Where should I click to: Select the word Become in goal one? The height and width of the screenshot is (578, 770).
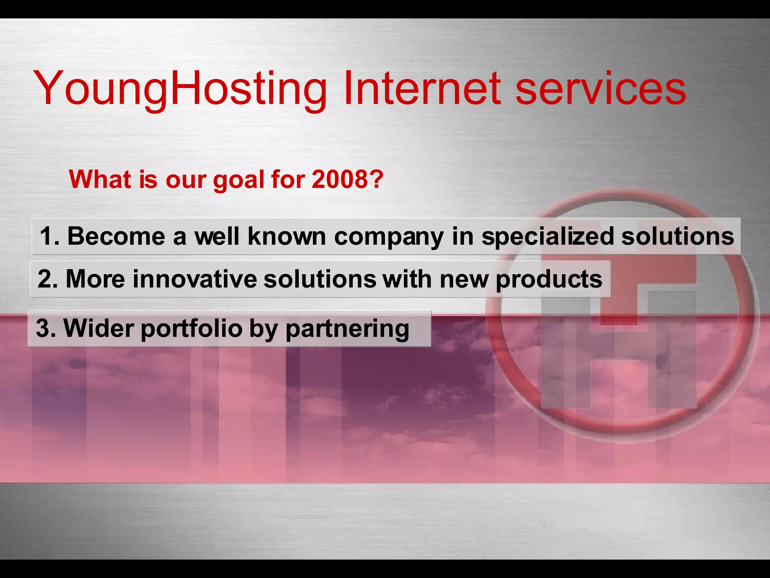(116, 236)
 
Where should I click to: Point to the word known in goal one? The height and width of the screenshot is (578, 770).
(287, 236)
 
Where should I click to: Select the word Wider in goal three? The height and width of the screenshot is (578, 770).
(99, 328)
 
